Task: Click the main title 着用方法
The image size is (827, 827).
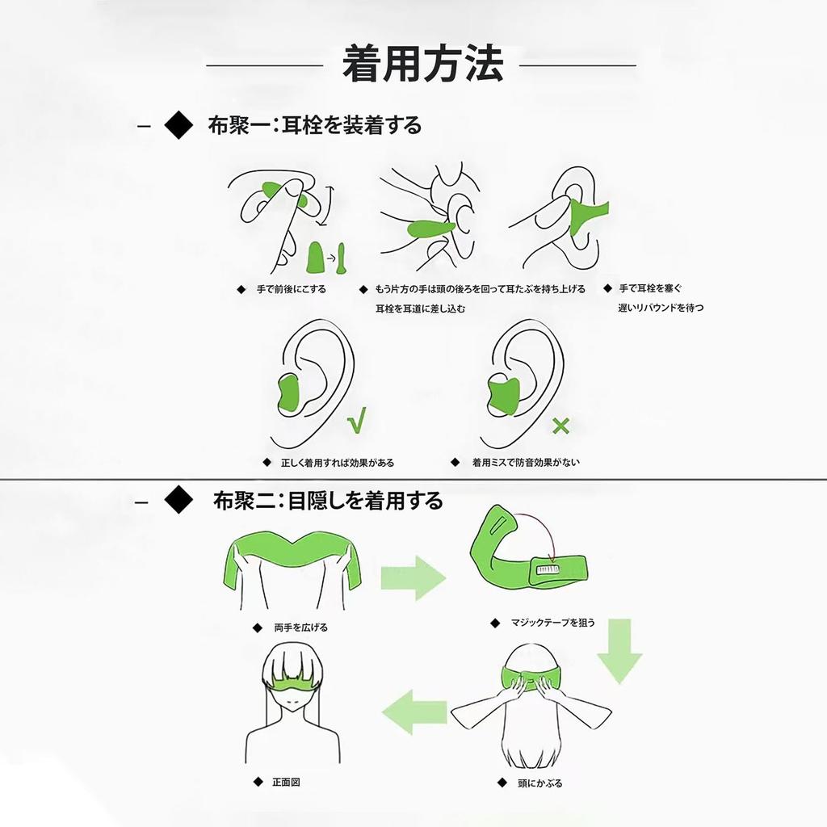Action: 422,64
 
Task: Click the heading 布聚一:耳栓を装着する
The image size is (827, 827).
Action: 315,125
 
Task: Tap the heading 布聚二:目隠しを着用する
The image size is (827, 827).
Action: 328,501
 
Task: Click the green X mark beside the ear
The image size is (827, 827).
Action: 560,426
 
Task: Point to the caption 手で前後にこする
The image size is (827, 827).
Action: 292,289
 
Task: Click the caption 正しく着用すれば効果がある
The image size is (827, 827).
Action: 337,464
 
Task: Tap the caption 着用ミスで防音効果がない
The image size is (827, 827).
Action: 526,463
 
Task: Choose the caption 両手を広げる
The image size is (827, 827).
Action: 300,627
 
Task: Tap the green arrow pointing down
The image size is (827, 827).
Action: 619,651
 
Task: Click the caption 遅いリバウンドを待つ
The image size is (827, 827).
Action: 661,308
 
